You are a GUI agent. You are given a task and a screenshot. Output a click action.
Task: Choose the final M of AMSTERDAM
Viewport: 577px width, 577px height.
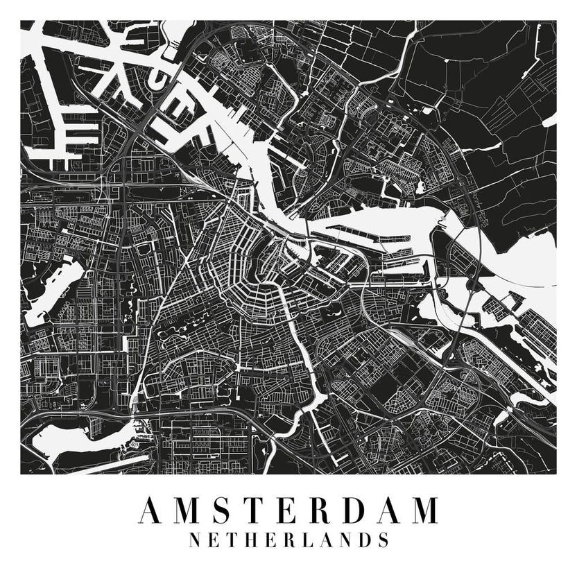click(x=424, y=510)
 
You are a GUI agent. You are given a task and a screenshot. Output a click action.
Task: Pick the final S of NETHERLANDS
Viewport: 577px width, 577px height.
click(x=382, y=540)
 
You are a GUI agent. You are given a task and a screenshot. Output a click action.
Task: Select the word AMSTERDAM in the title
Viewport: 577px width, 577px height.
click(x=288, y=510)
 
